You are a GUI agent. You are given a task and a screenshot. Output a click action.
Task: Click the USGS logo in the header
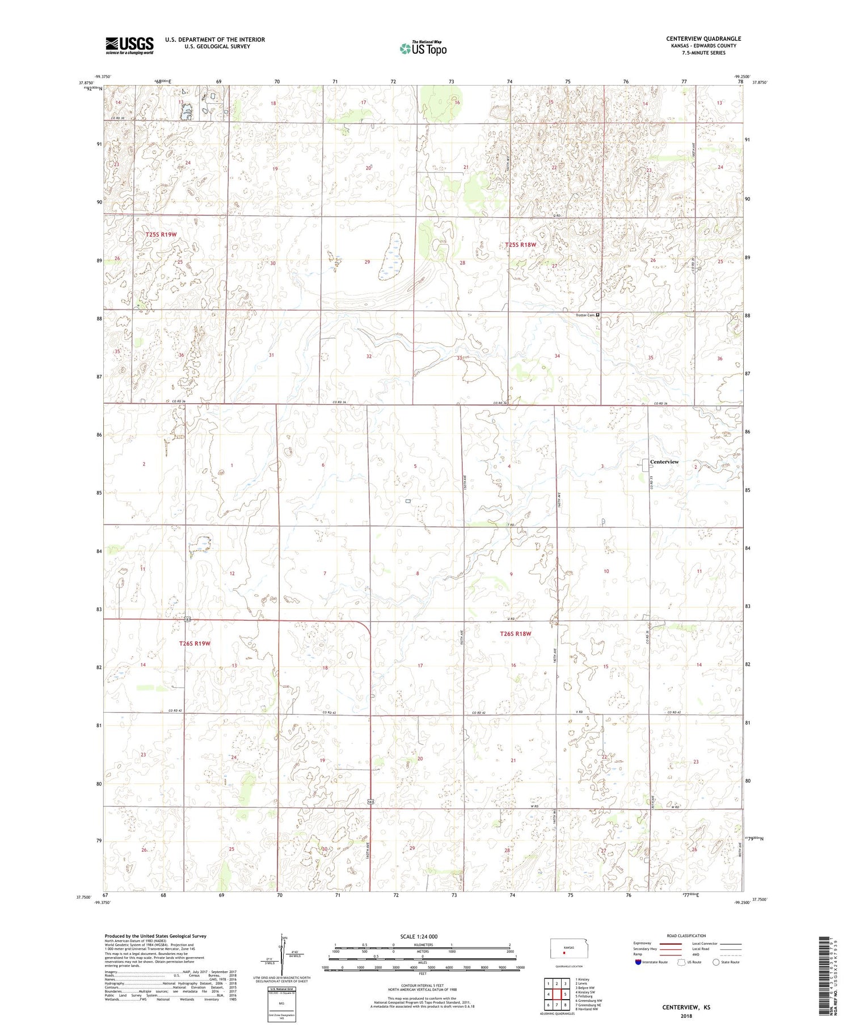(129, 45)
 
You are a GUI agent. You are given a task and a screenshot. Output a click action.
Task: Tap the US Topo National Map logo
(423, 48)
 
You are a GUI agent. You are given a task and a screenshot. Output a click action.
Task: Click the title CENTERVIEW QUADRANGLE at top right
(703, 39)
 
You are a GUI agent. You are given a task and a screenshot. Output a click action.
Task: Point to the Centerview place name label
(664, 462)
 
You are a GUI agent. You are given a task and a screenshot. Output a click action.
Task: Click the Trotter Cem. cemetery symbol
(598, 315)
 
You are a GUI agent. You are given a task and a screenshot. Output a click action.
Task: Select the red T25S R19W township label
(161, 234)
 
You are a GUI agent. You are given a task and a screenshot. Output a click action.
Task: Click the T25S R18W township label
(520, 244)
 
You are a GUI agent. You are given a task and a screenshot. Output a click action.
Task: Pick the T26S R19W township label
(195, 644)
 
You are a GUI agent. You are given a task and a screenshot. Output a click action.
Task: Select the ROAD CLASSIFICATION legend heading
(686, 936)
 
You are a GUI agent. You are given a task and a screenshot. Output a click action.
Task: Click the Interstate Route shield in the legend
(638, 962)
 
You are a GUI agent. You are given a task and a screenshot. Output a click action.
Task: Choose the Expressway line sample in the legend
(669, 944)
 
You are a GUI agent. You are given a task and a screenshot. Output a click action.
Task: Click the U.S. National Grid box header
(281, 988)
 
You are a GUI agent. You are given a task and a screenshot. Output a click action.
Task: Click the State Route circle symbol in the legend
(716, 962)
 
